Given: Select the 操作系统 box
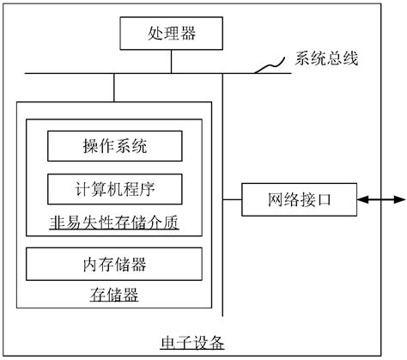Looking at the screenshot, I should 114,147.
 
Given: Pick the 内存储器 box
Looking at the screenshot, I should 114,264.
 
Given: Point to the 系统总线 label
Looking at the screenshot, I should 326,59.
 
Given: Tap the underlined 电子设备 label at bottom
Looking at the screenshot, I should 192,343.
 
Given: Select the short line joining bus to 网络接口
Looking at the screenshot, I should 232,200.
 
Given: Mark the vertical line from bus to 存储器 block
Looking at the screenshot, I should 113,88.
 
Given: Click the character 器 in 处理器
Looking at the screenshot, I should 185,34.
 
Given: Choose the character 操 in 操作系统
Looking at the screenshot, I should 90,147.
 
